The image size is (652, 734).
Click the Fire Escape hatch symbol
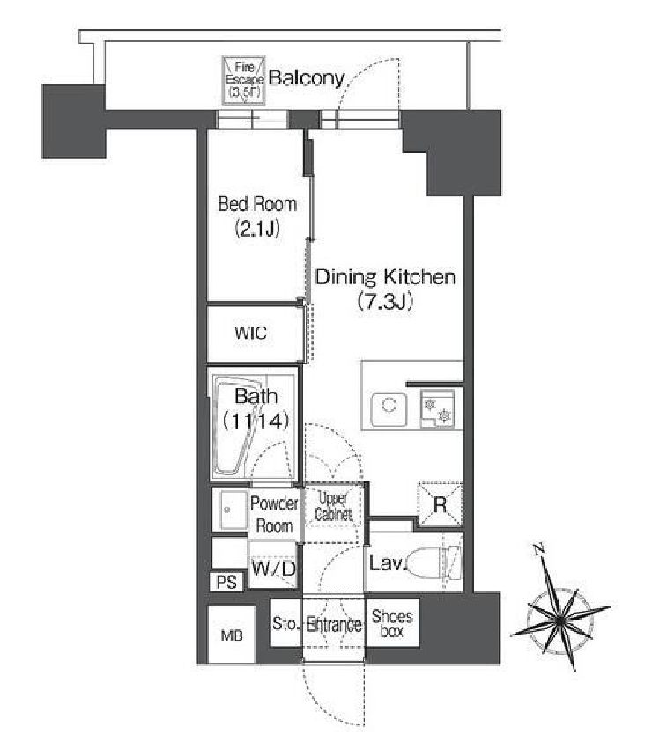[x=244, y=80]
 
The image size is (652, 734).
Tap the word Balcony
[x=307, y=78]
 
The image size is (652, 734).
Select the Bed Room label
[x=257, y=204]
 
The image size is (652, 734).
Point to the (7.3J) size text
[x=385, y=301]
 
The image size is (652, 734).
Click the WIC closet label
[x=251, y=333]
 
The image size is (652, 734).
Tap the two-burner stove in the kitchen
[x=437, y=408]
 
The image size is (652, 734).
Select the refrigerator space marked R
[x=441, y=504]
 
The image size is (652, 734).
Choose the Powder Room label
[x=274, y=515]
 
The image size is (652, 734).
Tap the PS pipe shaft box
[x=226, y=582]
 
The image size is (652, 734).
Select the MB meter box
[x=232, y=635]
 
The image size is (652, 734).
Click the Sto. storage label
[x=285, y=623]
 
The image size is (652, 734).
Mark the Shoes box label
[x=392, y=623]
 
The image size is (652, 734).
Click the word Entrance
[x=334, y=625]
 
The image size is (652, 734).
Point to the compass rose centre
[x=559, y=620]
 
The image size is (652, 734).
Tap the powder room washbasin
[x=229, y=510]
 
